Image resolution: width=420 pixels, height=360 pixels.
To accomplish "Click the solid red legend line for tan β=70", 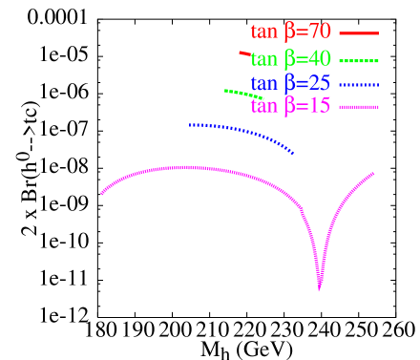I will coord(358,33).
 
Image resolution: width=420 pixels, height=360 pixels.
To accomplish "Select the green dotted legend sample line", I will coord(358,59).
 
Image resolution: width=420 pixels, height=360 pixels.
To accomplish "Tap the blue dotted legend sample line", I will coord(358,83).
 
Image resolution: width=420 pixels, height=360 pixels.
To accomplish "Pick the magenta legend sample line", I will coord(358,106).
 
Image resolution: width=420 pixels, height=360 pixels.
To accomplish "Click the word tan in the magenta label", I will coord(264,107).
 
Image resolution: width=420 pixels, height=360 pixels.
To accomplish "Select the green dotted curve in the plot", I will coord(242,94).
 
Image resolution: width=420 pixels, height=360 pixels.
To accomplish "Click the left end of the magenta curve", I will coord(102,193).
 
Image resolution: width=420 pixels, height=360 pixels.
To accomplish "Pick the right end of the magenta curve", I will coord(373,174).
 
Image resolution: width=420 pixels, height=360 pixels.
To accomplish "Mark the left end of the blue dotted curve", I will coord(190,124).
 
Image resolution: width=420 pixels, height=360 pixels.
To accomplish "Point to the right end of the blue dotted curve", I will coord(292,153).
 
